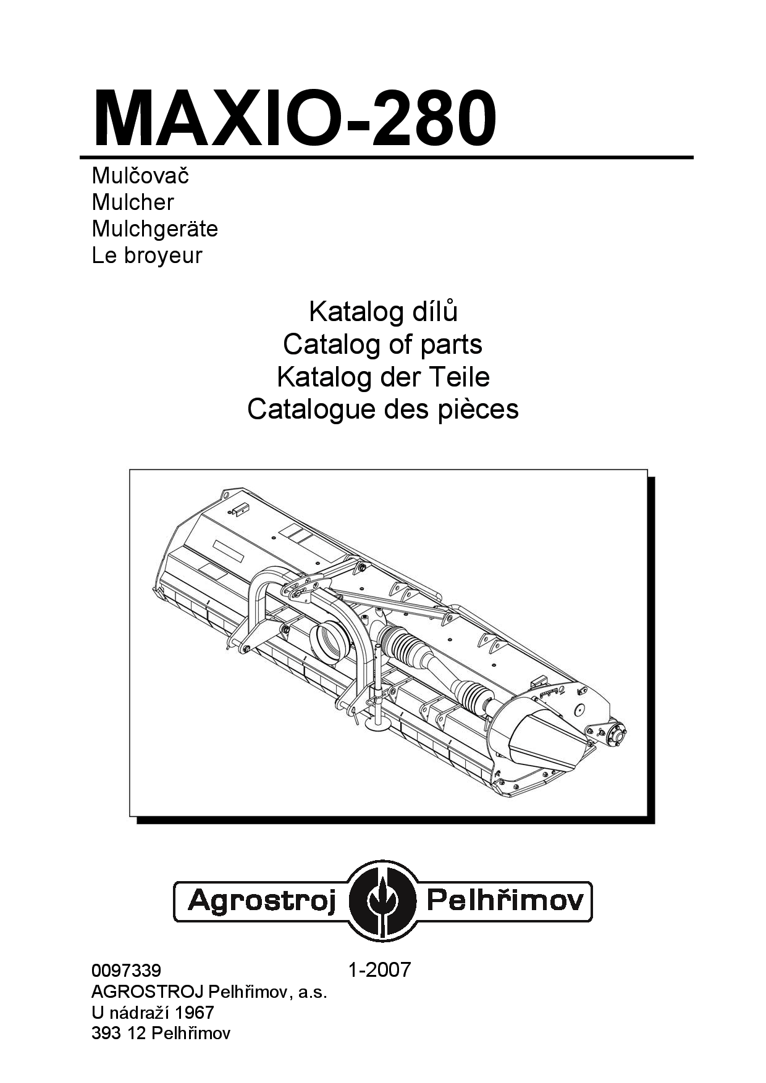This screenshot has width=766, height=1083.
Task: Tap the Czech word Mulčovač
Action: (140, 175)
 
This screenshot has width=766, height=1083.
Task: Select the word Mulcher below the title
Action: (133, 202)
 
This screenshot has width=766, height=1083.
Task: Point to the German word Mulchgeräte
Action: (155, 228)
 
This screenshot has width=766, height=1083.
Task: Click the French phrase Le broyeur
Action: (147, 256)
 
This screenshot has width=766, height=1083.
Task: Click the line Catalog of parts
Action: (383, 344)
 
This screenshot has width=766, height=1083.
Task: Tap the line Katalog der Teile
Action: (383, 376)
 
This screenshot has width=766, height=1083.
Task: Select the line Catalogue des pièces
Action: (383, 409)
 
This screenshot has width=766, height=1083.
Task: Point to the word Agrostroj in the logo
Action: (261, 902)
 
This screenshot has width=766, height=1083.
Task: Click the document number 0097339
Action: (126, 970)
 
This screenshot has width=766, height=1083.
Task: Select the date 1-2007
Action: (379, 969)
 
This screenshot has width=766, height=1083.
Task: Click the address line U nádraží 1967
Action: (153, 1013)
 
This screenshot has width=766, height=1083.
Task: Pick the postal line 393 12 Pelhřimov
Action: (161, 1034)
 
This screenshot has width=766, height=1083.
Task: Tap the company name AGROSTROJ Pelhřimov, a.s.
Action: (209, 992)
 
